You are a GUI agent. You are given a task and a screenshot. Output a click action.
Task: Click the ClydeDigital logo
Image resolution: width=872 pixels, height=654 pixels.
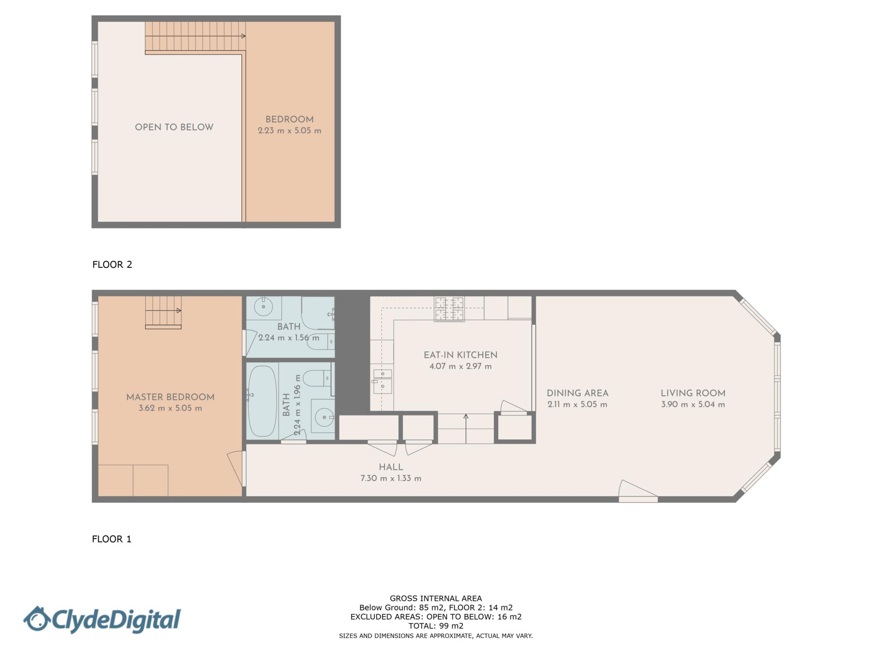click(x=102, y=620)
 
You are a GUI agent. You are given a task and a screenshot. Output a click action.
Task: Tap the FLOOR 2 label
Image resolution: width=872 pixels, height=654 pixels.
click(x=112, y=264)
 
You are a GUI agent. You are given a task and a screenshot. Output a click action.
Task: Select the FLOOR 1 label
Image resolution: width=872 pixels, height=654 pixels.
click(x=112, y=539)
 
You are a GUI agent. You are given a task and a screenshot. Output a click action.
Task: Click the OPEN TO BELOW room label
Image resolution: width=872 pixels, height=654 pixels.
click(x=174, y=127)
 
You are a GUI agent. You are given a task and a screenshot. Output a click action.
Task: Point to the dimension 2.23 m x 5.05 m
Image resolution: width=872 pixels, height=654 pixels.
click(x=290, y=131)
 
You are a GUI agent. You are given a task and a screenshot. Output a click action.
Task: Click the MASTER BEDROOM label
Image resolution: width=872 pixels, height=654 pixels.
click(x=170, y=397)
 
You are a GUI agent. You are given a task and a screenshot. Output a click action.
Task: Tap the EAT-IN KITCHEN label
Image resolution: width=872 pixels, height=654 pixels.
click(x=460, y=355)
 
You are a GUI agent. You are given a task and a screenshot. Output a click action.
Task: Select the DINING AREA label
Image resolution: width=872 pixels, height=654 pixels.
click(x=577, y=393)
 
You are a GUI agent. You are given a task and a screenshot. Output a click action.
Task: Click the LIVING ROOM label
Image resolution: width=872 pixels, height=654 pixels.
click(x=693, y=393)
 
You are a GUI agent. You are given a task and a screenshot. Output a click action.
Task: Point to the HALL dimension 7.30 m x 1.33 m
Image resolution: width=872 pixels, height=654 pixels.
click(x=391, y=478)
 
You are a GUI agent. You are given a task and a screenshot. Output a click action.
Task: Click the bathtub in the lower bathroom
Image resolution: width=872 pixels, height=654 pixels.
click(x=262, y=401)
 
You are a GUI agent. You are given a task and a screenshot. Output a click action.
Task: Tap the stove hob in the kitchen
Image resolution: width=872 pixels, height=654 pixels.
click(x=449, y=309)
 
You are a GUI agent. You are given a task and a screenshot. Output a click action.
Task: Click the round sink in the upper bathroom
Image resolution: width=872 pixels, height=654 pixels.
click(x=264, y=307)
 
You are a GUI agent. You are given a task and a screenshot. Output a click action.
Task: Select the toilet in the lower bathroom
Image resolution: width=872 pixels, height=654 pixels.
click(x=317, y=377)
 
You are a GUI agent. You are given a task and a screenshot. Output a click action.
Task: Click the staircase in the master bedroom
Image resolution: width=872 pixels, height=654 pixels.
click(x=163, y=312)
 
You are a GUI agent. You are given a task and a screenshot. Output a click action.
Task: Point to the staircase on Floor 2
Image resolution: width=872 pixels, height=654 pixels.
click(x=195, y=37)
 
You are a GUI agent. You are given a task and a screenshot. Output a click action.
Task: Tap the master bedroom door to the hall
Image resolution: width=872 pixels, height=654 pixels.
click(x=237, y=468)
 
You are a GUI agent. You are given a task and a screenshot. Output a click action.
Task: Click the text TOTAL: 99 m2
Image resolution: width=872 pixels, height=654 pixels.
click(x=436, y=626)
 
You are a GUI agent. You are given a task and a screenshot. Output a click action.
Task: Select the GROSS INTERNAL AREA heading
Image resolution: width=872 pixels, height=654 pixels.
click(x=436, y=598)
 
